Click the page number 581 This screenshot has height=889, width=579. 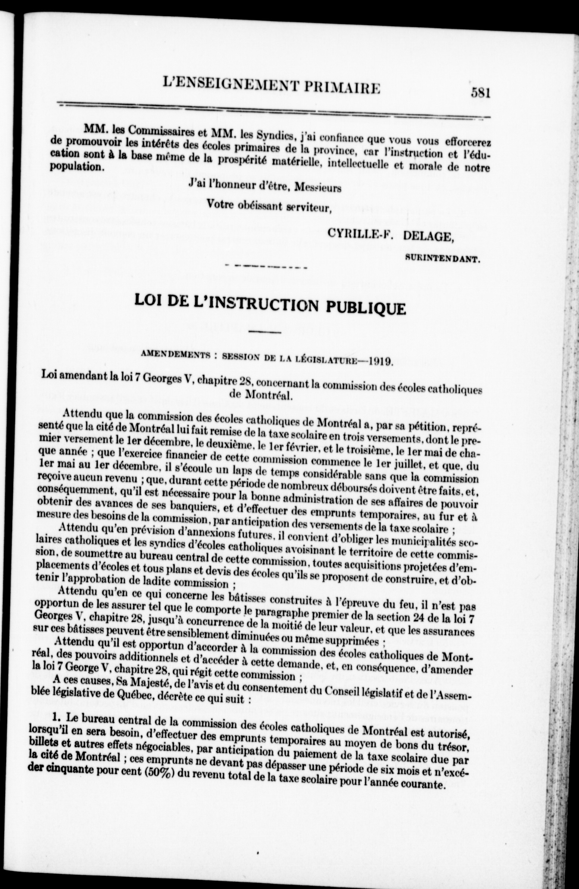pyautogui.click(x=480, y=91)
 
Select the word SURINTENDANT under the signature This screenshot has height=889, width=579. pyautogui.click(x=442, y=258)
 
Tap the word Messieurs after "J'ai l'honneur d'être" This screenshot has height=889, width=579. pyautogui.click(x=317, y=188)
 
